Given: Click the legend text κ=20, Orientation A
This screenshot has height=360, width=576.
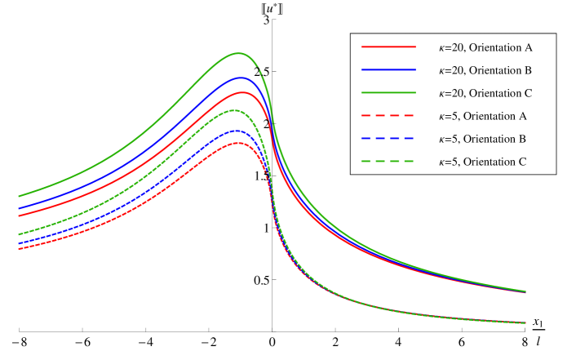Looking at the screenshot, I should (485, 47).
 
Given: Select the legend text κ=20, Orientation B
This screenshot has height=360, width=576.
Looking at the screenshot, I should (485, 70).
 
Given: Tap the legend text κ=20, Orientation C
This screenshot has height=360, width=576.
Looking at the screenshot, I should (485, 93).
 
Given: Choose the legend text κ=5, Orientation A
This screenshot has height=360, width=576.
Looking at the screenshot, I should (482, 116).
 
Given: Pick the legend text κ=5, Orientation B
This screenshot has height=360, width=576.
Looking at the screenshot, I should (482, 139).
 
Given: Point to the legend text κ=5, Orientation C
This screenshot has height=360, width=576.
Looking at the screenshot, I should (482, 162).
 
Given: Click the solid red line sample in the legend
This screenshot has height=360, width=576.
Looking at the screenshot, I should (388, 47).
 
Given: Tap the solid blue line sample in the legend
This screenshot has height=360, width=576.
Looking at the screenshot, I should (388, 70).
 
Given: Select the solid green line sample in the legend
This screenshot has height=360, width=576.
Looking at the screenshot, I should (388, 93).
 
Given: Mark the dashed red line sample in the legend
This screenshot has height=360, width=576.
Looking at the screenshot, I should (388, 116).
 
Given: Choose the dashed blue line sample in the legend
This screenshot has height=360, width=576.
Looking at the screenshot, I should (388, 139).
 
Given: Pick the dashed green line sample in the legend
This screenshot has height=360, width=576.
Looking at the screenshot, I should (388, 162).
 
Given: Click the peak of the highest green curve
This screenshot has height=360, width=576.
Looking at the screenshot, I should (237, 53).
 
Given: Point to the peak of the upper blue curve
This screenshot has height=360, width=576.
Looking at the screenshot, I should (239, 78).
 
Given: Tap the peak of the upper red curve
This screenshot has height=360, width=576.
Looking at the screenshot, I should (240, 91).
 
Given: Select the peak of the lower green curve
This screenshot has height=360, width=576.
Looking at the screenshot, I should (235, 110).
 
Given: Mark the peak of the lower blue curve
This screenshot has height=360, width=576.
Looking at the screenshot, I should (236, 131).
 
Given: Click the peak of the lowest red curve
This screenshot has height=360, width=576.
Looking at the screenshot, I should (237, 143).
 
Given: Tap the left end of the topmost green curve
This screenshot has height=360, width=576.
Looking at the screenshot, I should (19, 196).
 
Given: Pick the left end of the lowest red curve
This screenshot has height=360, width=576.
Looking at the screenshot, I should (19, 249).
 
